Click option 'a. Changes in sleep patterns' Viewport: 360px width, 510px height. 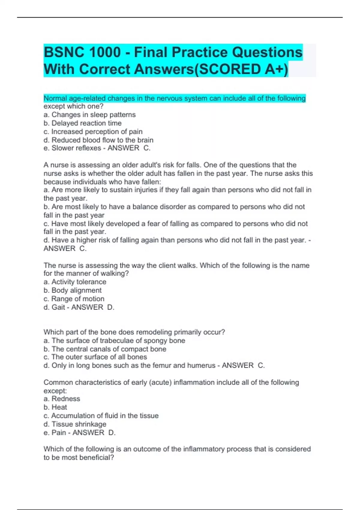[x=89, y=115]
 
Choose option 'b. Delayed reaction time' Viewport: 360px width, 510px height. [x=82, y=123]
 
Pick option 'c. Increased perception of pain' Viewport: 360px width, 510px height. [x=93, y=131]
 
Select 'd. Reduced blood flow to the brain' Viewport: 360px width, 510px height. [x=98, y=140]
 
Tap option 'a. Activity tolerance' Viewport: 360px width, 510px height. [x=75, y=282]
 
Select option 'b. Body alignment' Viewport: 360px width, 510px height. [x=73, y=290]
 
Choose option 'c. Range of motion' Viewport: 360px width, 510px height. [x=74, y=298]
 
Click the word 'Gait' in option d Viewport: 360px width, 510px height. [x=58, y=307]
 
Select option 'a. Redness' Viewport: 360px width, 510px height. [x=62, y=399]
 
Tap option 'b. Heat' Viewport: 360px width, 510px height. [x=55, y=407]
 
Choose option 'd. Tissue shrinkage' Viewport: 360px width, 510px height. [x=75, y=424]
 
